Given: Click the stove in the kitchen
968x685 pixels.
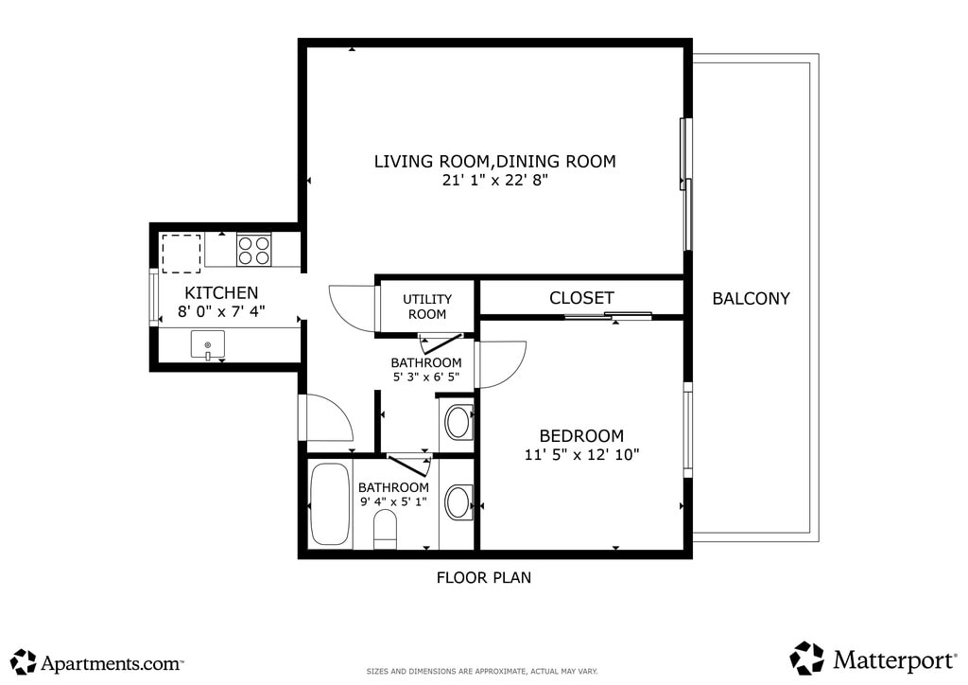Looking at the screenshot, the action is click(x=253, y=250).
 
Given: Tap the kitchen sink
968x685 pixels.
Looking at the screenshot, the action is click(x=207, y=344).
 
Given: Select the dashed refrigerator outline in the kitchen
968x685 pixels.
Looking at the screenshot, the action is click(x=181, y=254).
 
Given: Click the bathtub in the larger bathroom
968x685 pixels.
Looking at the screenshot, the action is click(x=330, y=504).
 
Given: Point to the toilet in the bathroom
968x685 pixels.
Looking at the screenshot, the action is click(x=386, y=529).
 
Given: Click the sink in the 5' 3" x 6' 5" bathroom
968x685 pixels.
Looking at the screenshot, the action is click(x=458, y=422).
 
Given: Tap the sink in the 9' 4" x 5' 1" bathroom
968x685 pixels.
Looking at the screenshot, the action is click(x=458, y=501).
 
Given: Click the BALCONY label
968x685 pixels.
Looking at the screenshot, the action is click(x=751, y=298).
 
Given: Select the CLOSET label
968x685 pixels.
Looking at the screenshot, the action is click(x=581, y=298).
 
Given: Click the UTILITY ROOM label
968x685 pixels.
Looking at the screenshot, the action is click(x=427, y=307).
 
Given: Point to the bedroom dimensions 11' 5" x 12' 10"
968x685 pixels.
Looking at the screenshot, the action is click(x=581, y=454).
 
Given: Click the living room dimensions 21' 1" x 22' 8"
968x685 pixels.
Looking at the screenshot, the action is click(x=495, y=181).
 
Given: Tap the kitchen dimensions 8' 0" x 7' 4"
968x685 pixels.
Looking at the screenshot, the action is click(x=221, y=311).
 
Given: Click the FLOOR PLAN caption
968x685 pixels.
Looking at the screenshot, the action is click(x=484, y=577).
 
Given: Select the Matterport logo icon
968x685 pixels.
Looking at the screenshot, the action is click(x=807, y=659).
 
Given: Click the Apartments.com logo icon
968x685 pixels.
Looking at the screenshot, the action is click(x=24, y=661).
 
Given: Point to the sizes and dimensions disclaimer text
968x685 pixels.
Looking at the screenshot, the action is click(x=482, y=671).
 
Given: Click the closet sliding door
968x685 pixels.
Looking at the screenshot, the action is click(x=609, y=316).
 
